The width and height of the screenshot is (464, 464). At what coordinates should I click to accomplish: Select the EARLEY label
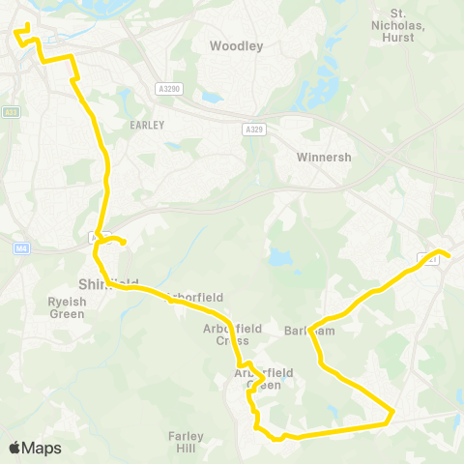point(147,125)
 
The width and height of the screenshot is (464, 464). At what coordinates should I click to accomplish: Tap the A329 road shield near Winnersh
point(253,129)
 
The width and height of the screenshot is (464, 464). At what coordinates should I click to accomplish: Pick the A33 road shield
point(11,112)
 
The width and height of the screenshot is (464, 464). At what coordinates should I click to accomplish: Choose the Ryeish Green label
point(40,307)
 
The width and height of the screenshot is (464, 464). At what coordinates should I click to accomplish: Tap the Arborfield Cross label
point(225,334)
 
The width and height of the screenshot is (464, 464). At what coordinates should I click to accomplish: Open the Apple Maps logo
point(35,448)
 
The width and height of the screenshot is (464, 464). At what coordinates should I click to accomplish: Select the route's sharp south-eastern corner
point(392,413)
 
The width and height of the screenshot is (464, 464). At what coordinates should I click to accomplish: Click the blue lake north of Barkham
point(279,257)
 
